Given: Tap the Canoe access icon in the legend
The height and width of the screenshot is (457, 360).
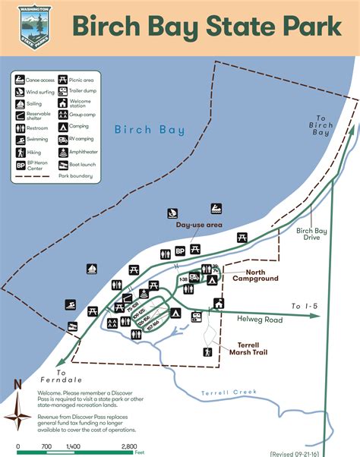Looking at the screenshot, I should [20, 79].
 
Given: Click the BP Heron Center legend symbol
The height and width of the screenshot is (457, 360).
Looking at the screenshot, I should [20, 164].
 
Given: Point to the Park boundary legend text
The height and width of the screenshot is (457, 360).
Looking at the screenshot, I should [75, 176].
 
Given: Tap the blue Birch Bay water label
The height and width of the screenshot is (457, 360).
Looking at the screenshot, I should [149, 130].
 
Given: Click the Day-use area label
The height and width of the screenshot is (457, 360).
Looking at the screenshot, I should [199, 225].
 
